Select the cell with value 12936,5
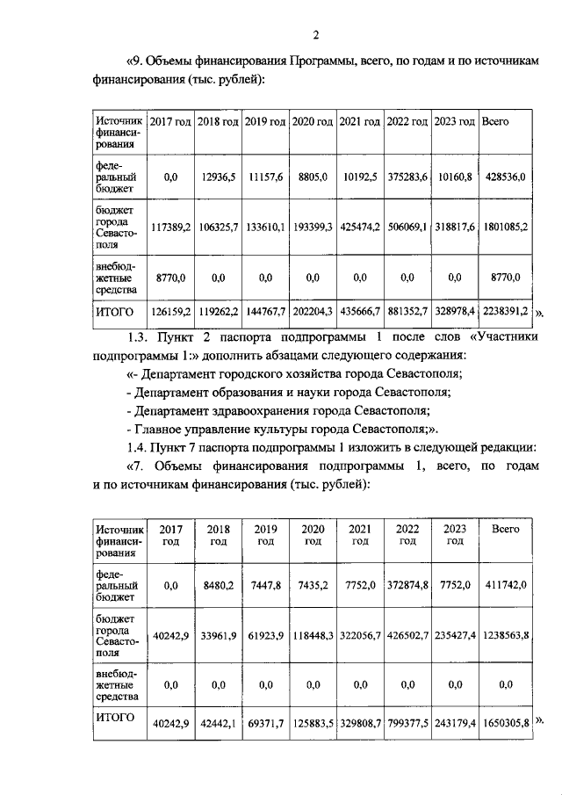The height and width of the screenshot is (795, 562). pos(219,177)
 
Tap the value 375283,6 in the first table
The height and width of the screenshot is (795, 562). pos(407,177)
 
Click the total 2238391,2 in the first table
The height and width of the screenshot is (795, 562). pos(504,311)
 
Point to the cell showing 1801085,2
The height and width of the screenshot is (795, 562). pos(504,228)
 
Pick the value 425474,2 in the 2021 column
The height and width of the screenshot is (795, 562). pos(360,228)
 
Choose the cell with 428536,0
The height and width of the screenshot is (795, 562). pos(504,177)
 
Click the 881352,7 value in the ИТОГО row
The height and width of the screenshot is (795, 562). pos(407,311)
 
